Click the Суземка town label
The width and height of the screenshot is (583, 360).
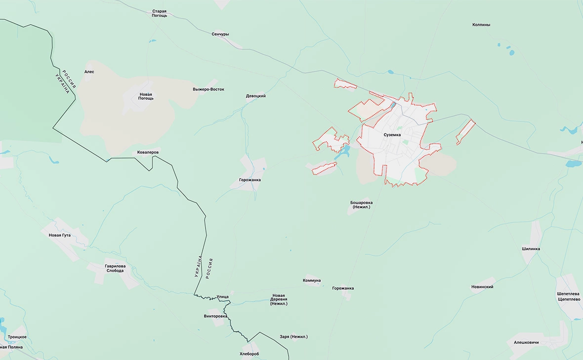click(392, 134)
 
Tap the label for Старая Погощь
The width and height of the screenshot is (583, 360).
click(159, 13)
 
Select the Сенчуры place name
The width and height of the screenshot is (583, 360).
click(220, 34)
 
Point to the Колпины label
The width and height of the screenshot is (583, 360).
click(481, 24)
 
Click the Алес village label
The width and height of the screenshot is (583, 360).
click(89, 72)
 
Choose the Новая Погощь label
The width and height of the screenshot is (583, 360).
click(146, 96)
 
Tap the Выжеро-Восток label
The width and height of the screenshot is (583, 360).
click(208, 89)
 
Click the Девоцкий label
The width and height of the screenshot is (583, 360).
click(256, 96)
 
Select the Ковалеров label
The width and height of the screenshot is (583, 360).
click(148, 152)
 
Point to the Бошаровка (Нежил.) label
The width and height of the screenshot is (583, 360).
click(361, 204)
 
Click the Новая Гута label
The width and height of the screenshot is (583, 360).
click(60, 235)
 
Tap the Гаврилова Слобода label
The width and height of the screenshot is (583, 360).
click(115, 268)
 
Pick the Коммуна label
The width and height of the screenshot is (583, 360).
click(312, 280)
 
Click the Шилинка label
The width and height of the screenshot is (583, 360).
click(531, 249)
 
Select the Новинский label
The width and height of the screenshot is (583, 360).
click(482, 286)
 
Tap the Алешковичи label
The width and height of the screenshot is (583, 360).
click(526, 342)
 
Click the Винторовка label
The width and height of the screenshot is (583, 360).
click(215, 316)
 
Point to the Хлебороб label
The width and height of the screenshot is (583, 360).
click(249, 354)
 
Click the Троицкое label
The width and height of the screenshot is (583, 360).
click(17, 337)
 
